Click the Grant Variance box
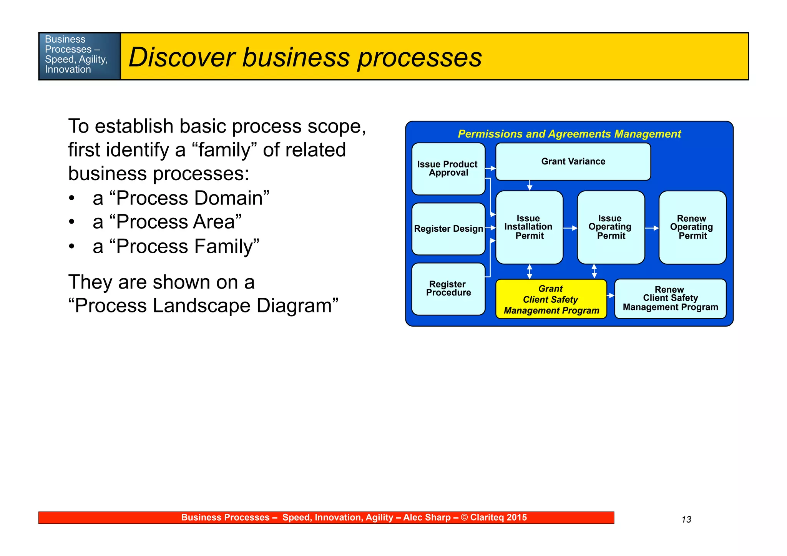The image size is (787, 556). (573, 162)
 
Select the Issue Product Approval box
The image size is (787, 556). (448, 169)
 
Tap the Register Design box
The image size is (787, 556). (448, 229)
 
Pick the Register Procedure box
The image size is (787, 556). (448, 289)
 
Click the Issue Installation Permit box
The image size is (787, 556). (529, 227)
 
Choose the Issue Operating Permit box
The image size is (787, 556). (611, 227)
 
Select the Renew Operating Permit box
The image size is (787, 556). (692, 227)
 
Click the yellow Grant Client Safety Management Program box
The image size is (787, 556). (551, 299)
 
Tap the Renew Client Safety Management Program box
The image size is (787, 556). (670, 299)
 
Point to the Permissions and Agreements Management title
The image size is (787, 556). (569, 134)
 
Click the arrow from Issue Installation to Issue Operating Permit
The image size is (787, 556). (570, 228)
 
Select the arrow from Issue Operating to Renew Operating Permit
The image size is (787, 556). (652, 228)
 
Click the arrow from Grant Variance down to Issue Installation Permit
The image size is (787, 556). (530, 185)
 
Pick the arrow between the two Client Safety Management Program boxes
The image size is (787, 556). (611, 295)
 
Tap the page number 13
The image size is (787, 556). (686, 519)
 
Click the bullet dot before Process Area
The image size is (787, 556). (71, 222)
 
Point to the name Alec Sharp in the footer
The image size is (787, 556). (427, 518)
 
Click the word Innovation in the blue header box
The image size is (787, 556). (68, 70)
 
